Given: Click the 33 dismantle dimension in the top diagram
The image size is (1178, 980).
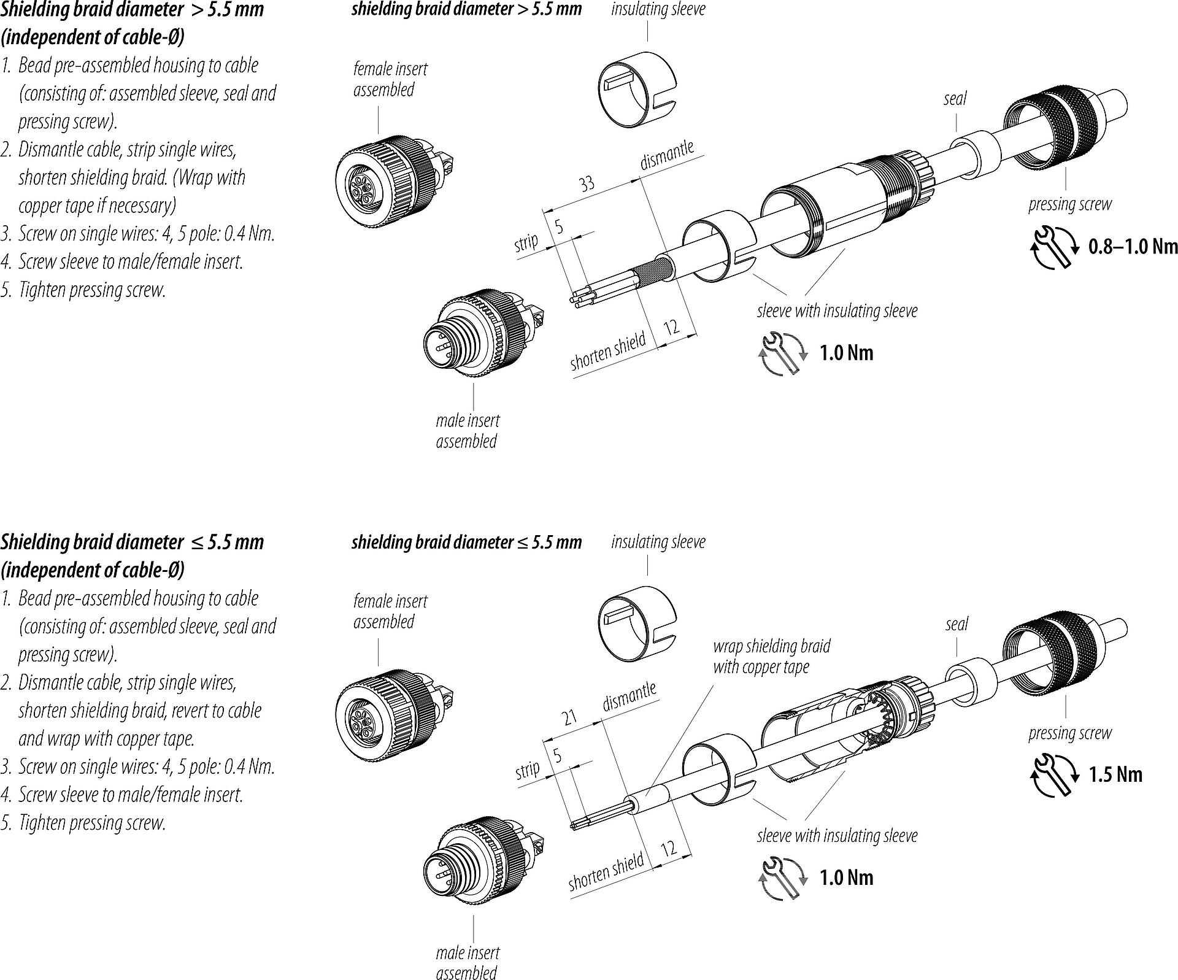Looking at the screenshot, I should (587, 183).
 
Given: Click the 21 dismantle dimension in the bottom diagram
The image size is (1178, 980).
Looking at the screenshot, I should (570, 716).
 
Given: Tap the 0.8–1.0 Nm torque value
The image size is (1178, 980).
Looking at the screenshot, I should (1133, 247).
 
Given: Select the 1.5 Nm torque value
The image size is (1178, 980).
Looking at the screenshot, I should (1115, 774).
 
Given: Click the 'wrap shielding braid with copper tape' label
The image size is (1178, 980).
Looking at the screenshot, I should (771, 656).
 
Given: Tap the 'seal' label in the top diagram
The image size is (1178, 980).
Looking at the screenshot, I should (955, 98).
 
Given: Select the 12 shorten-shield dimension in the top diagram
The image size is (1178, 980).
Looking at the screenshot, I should (672, 326).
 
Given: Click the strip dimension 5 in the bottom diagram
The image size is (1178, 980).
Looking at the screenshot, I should (558, 755).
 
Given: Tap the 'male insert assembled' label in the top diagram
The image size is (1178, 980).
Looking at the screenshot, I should (468, 431).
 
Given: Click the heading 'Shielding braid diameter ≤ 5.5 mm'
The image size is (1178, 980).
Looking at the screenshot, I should (132, 542).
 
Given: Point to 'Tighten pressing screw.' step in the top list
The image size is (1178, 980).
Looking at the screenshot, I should (92, 290).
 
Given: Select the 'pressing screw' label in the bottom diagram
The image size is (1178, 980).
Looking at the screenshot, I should (1069, 733).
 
